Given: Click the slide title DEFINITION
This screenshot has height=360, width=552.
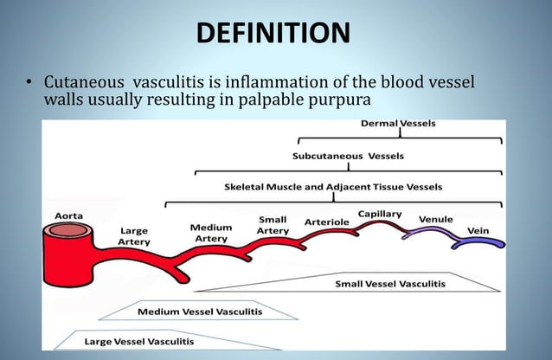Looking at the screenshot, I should click(273, 33).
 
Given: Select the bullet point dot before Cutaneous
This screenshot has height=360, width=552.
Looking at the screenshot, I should click(28, 83).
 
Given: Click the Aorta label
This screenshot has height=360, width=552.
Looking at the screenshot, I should click(69, 214).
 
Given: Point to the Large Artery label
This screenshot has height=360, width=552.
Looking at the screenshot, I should click(133, 236).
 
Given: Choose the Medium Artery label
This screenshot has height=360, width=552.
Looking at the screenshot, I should click(210, 233).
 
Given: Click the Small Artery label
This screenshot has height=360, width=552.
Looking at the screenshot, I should click(273, 225).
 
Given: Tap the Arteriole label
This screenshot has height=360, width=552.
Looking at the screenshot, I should click(326, 222).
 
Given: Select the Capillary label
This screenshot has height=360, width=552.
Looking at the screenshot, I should click(379, 214).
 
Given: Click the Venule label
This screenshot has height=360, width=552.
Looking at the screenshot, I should click(435, 220).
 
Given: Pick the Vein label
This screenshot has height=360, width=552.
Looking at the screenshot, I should click(478, 230).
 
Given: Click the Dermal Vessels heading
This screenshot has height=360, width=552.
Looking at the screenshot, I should click(398, 124).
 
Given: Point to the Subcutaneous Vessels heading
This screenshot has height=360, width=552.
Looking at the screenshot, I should click(347, 157).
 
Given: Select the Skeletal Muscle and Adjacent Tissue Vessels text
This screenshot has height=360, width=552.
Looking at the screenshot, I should click(332, 186).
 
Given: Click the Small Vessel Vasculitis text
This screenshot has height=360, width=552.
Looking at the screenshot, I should click(390, 283).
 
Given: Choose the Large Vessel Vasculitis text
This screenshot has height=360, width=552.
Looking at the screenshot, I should click(139, 341).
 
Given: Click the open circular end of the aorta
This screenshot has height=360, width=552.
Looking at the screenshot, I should click(67, 231).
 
